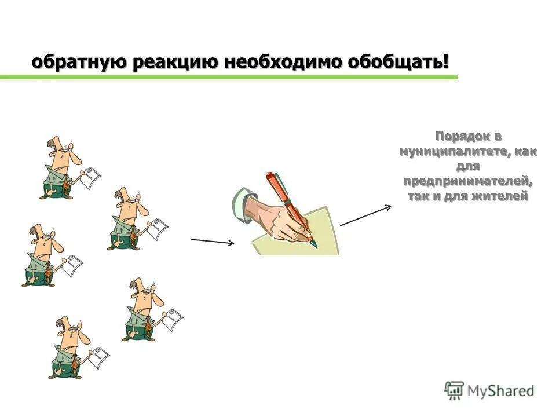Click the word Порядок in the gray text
click(461, 137)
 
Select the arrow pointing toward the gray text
click(365, 215)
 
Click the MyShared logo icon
click(455, 390)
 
